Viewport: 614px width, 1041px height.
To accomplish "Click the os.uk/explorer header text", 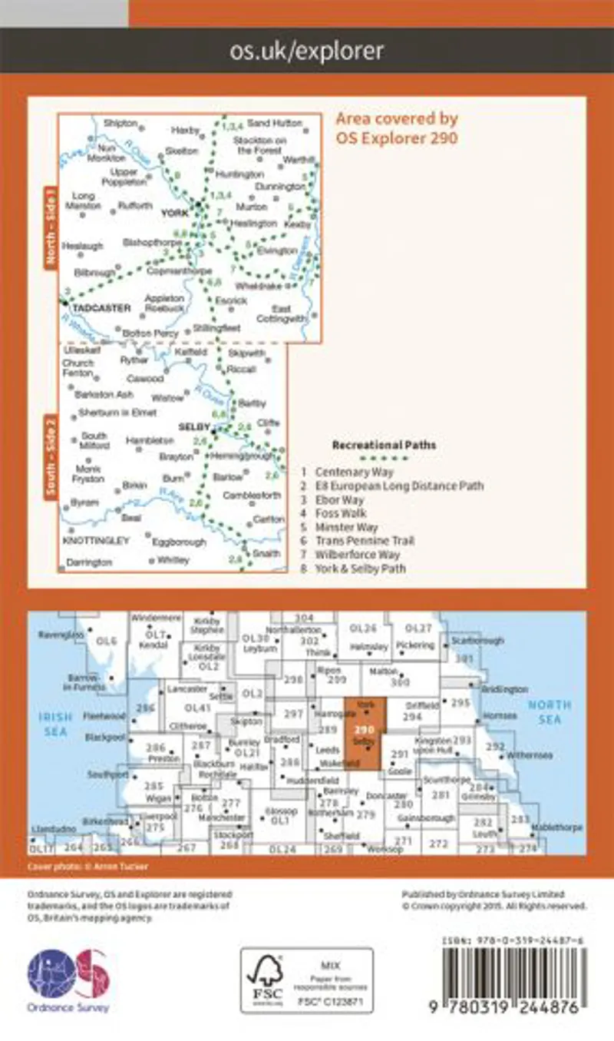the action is click(306, 51).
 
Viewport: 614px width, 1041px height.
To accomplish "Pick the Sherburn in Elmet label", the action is click(107, 412).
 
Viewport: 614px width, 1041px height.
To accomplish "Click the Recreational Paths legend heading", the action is click(384, 445).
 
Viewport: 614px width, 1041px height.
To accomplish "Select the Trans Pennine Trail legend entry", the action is click(365, 541).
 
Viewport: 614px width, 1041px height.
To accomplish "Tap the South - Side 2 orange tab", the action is click(51, 457).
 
